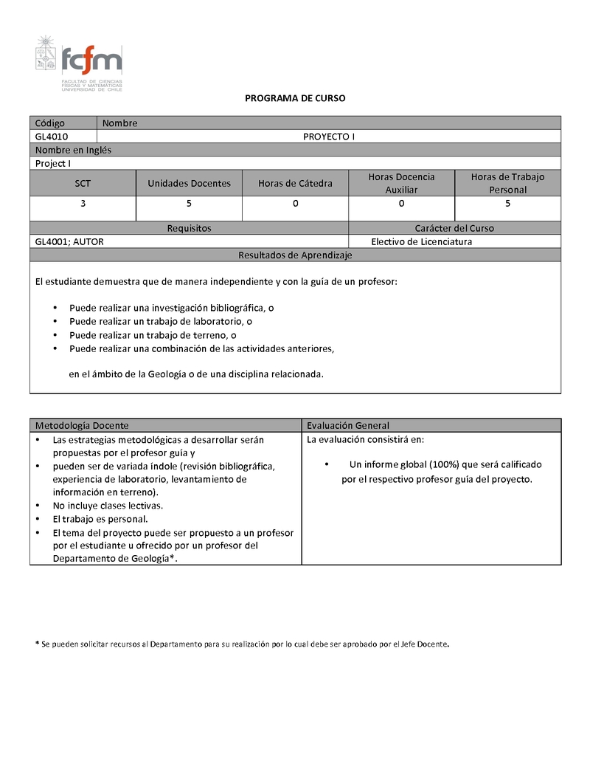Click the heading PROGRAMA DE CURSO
click(295, 98)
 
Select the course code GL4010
click(51, 137)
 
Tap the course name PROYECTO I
click(329, 137)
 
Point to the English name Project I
click(53, 163)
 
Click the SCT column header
click(83, 183)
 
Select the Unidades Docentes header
click(189, 183)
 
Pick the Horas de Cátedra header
click(295, 183)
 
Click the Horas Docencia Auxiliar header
click(401, 183)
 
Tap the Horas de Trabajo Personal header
click(507, 183)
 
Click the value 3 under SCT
click(83, 204)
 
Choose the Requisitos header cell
click(189, 228)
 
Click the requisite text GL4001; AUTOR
click(74, 241)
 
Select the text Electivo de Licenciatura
click(421, 241)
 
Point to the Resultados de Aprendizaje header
click(295, 255)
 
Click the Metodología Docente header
click(82, 425)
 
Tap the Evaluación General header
click(348, 425)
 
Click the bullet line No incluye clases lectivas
click(108, 506)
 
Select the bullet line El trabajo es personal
click(100, 519)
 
